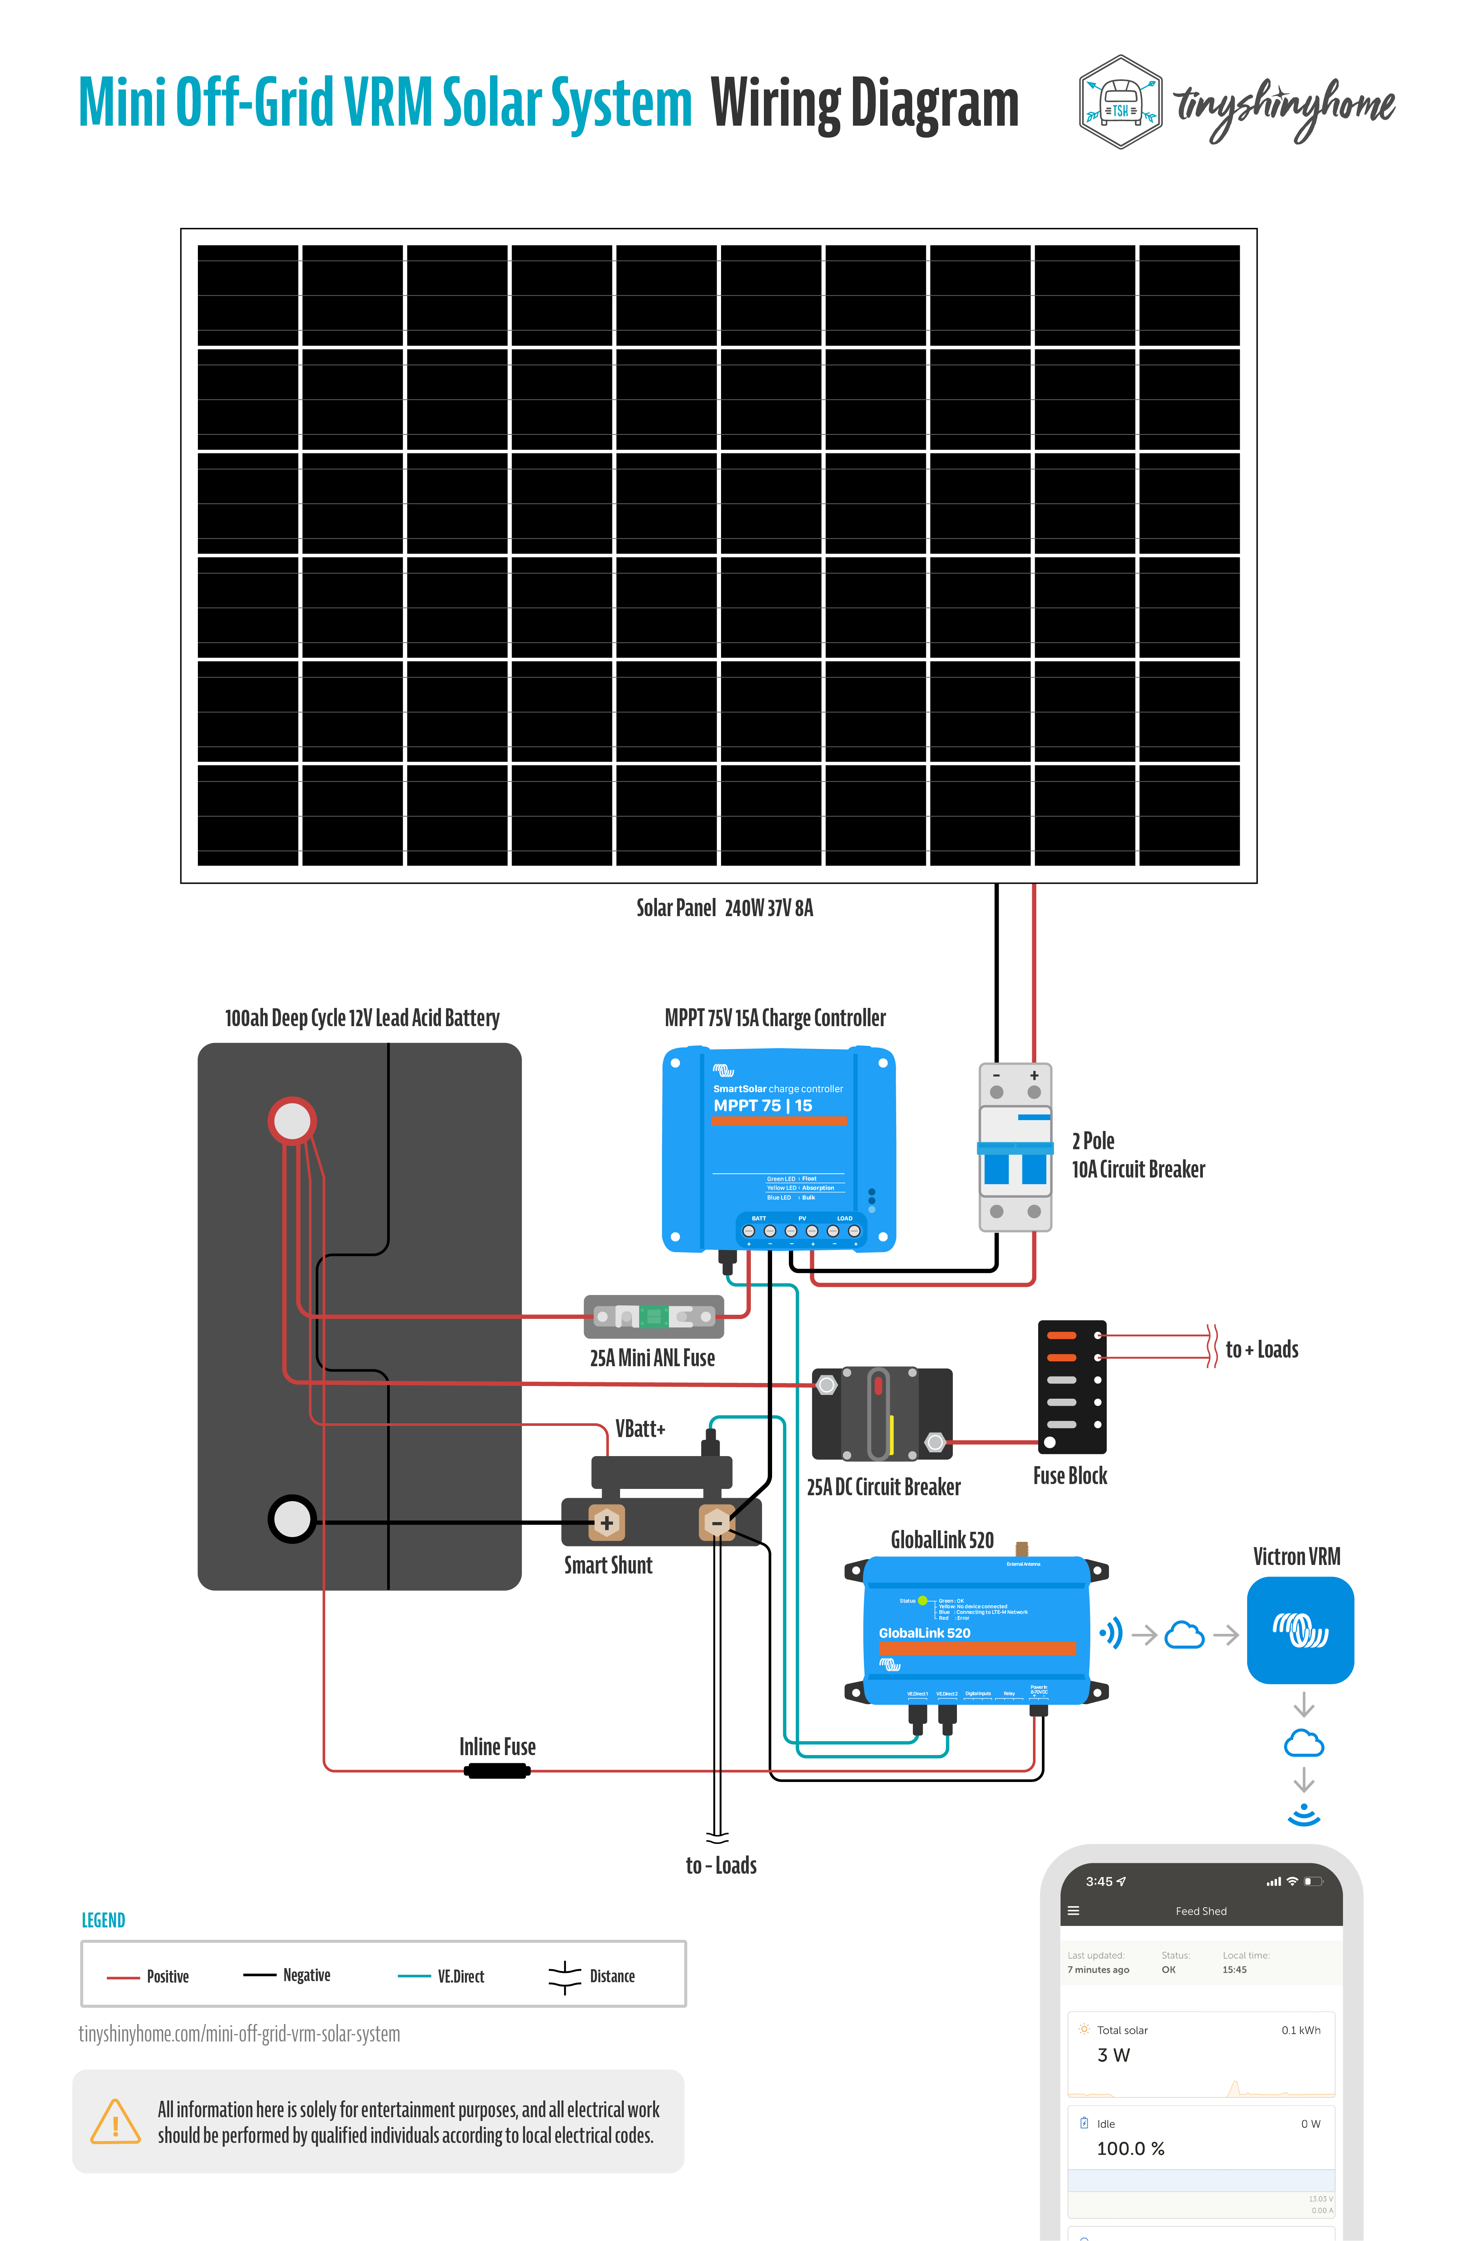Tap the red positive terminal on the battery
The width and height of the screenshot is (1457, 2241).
(x=292, y=1120)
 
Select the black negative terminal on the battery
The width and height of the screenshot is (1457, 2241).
(x=292, y=1519)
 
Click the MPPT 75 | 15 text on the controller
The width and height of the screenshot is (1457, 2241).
(x=762, y=1106)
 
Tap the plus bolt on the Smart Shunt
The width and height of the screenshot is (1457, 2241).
(x=606, y=1522)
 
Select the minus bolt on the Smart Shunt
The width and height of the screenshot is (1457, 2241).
(x=716, y=1522)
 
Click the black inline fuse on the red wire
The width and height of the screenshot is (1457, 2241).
(x=497, y=1771)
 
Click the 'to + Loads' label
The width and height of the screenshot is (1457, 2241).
(x=1261, y=1349)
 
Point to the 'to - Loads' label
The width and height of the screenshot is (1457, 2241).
(x=721, y=1865)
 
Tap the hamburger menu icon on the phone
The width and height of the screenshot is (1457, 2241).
(x=1073, y=1911)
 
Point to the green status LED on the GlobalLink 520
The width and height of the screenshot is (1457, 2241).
(x=922, y=1601)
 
